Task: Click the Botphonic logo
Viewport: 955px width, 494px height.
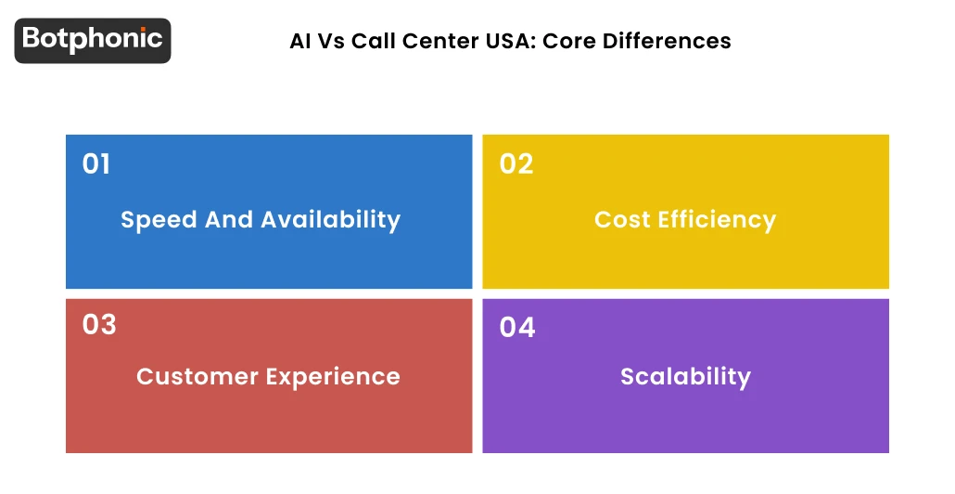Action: pos(93,40)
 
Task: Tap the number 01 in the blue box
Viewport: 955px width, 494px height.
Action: pos(96,164)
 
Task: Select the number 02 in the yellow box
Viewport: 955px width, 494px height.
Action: pos(516,164)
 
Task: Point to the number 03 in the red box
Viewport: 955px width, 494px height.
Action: pos(99,325)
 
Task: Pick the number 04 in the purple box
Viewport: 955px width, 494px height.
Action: pos(517,328)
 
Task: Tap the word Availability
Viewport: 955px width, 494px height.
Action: pos(330,220)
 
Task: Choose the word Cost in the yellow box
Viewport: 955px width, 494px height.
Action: pos(622,220)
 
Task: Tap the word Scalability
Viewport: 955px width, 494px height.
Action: pos(685,376)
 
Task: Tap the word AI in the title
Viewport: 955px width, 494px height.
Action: pos(299,42)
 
